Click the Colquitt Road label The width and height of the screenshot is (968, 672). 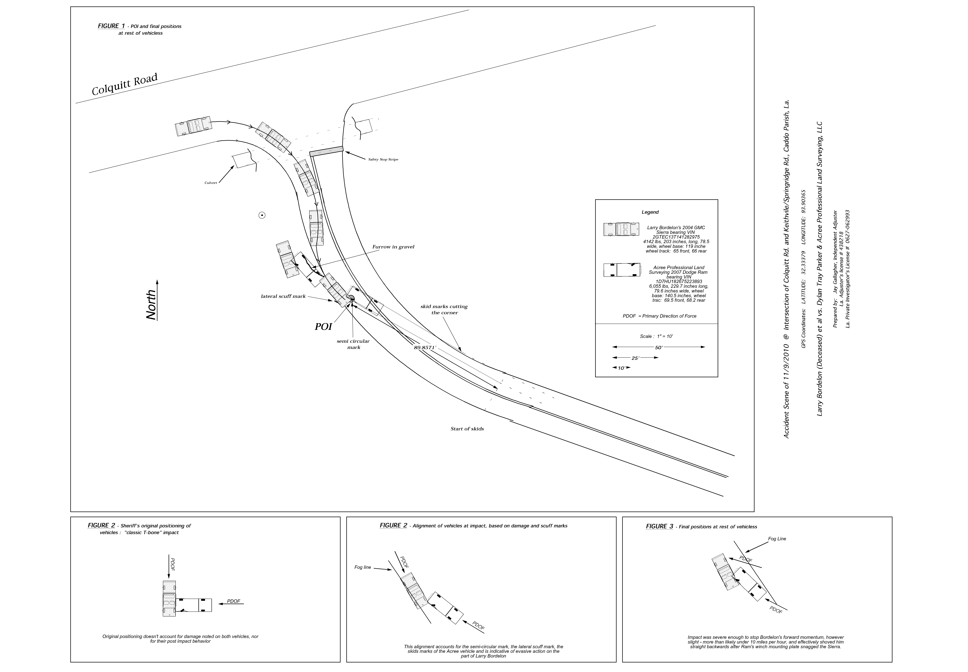coord(125,84)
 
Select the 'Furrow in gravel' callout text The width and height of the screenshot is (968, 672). coord(393,247)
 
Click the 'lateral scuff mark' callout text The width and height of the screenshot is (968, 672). coord(283,296)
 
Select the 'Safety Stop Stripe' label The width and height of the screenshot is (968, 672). coord(383,160)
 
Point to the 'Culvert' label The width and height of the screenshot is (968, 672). coord(211,183)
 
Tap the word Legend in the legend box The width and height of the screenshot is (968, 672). coord(650,212)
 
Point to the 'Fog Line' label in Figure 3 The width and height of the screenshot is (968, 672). coord(777,539)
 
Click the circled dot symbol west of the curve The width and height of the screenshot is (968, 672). coord(262,216)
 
